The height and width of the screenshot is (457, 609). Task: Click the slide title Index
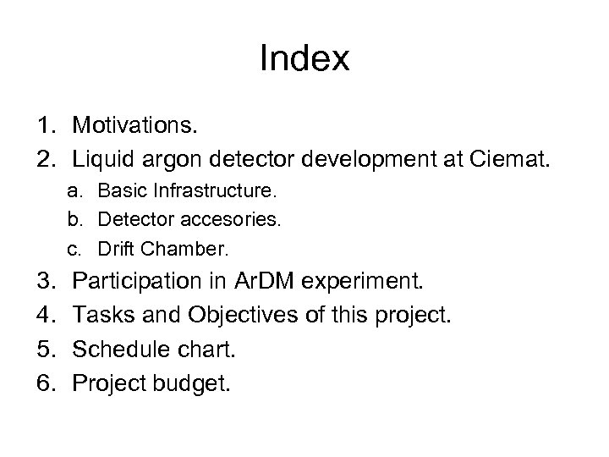tap(304, 59)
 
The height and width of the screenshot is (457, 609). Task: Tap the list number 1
tap(45, 127)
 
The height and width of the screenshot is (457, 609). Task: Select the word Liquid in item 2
tap(100, 157)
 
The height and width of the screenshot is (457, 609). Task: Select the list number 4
tap(44, 314)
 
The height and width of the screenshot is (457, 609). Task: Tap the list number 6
tap(44, 383)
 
